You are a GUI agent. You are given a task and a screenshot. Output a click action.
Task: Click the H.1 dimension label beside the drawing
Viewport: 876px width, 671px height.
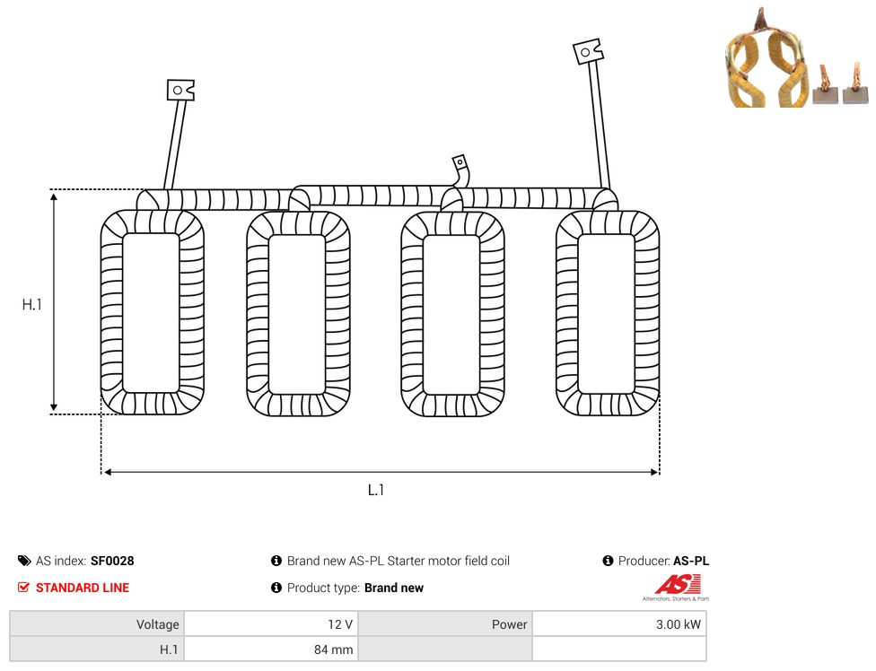[x=31, y=304]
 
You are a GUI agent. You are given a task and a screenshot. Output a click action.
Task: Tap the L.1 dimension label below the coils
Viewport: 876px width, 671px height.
[x=376, y=490]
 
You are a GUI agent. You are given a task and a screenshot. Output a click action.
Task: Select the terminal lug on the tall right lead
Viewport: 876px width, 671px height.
[x=588, y=51]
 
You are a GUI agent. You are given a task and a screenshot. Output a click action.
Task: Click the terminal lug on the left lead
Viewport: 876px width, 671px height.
[x=180, y=90]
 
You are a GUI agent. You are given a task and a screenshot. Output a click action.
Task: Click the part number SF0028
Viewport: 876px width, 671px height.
[x=112, y=561]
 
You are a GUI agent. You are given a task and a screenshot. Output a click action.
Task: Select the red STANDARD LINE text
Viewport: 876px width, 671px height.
[x=83, y=588]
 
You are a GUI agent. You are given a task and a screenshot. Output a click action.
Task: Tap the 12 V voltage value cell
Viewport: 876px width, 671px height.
[x=272, y=624]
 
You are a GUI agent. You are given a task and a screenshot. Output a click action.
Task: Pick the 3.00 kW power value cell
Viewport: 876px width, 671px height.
[x=619, y=624]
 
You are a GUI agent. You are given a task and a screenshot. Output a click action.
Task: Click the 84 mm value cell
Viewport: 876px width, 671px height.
[x=272, y=649]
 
